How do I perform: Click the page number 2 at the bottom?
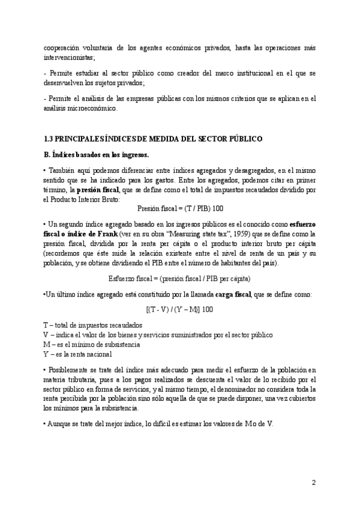[x=314, y=482]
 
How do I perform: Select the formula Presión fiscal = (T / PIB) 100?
[x=180, y=207]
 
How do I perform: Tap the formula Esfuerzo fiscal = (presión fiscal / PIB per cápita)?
[x=179, y=279]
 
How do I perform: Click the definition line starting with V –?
[x=158, y=334]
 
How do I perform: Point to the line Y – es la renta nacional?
[x=78, y=354]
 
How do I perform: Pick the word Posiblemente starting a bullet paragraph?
[x=71, y=368]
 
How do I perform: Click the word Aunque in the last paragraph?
[x=59, y=423]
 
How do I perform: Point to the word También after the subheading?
[x=60, y=170]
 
